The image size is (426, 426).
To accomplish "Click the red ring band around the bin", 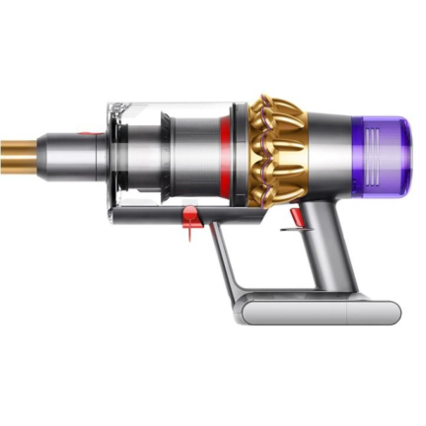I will point(229,149).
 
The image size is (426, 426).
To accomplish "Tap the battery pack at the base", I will point(316,312).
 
